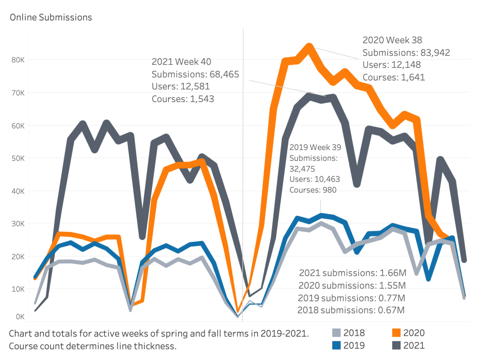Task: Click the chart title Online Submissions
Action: (51, 18)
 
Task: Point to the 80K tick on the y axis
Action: (18, 60)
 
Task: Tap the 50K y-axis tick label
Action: (18, 158)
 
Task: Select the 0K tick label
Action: (20, 317)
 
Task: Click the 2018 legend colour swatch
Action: (336, 333)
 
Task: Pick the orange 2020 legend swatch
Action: (396, 333)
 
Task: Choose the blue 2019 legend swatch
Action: (336, 345)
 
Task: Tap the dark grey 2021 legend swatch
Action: (396, 345)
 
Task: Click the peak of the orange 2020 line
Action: (309, 46)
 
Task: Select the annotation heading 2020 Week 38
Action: (392, 40)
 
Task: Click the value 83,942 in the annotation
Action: (435, 53)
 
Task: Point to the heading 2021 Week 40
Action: (181, 62)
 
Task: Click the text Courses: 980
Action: (313, 190)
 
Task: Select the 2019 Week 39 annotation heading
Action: (315, 147)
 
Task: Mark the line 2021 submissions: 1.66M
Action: (353, 273)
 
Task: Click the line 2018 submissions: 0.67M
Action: (351, 310)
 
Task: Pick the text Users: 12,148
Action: (392, 65)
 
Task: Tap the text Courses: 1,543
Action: (183, 99)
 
